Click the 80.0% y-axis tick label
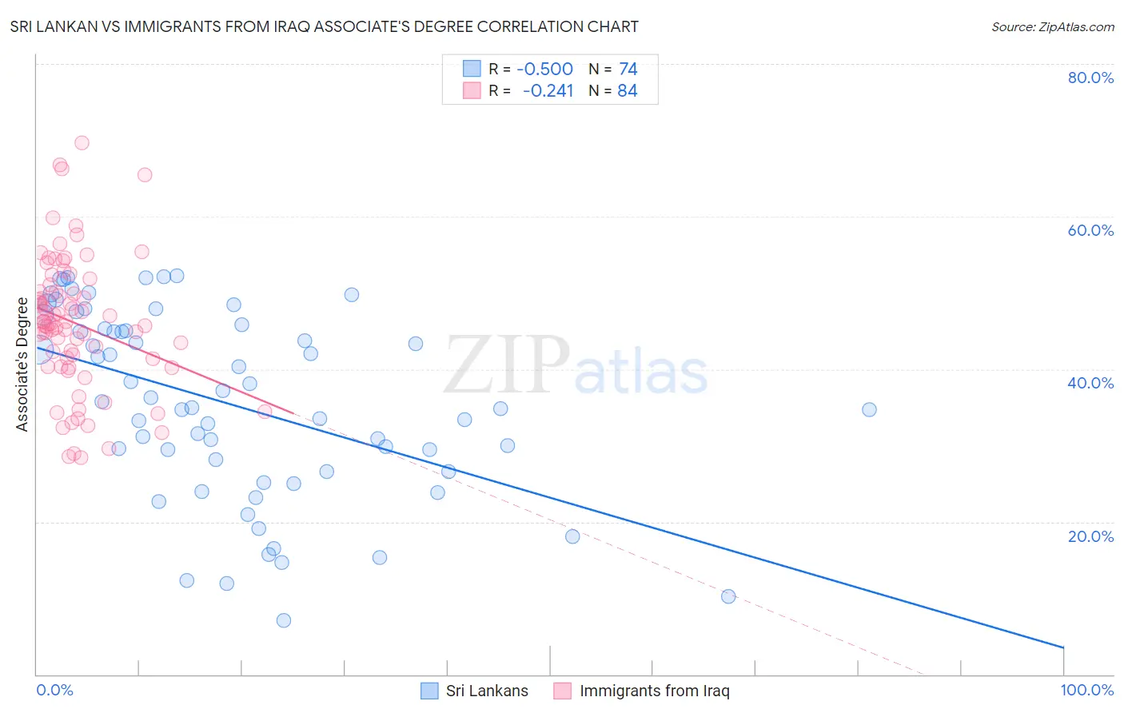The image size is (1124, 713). point(1090,78)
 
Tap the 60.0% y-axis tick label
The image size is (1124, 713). point(1090,230)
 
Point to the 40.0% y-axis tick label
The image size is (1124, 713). point(1090,383)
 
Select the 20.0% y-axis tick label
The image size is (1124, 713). point(1090,536)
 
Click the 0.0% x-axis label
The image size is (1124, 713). point(54,690)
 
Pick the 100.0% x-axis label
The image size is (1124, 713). point(1086,690)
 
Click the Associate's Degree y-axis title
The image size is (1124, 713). point(22,364)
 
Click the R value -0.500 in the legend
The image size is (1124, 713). point(544,69)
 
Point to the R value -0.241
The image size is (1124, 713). point(548,90)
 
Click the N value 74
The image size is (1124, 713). point(628,69)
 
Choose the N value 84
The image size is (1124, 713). point(628,90)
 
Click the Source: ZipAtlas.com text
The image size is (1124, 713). point(1052,26)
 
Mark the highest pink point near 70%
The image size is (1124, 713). point(82,143)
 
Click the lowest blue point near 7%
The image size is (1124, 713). point(283,620)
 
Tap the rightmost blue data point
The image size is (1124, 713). point(869,410)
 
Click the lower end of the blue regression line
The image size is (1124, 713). point(1063,647)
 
